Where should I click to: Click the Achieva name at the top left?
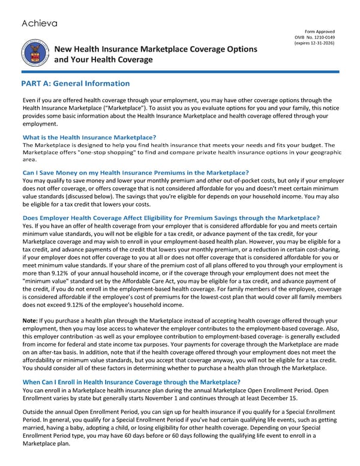pos(40,23)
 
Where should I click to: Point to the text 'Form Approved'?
pos(320,31)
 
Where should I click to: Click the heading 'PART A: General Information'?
pos(75,83)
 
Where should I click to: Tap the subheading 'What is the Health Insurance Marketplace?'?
pos(89,138)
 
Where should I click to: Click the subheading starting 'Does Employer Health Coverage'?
pos(171,217)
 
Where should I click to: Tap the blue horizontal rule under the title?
pos(180,73)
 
